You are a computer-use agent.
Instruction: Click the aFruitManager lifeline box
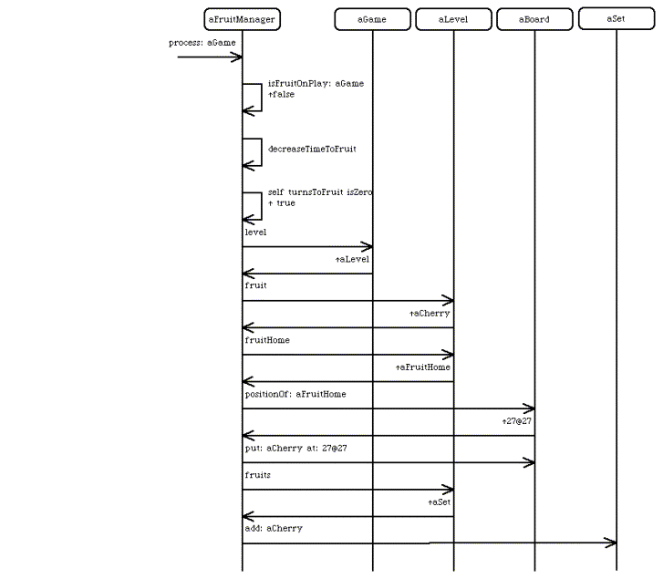(243, 19)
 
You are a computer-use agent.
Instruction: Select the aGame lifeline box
(372, 19)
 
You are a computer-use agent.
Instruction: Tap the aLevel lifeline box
(453, 19)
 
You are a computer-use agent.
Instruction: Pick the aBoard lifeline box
(534, 19)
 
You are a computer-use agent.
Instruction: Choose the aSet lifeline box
(616, 18)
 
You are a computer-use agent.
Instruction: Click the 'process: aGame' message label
(202, 43)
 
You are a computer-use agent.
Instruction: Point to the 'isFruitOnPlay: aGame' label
(316, 84)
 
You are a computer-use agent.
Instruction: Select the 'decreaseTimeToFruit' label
(312, 149)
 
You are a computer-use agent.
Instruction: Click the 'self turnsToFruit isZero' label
(320, 192)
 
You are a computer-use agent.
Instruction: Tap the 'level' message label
(256, 233)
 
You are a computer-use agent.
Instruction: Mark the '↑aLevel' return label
(352, 259)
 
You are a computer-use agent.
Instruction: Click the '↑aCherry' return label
(430, 314)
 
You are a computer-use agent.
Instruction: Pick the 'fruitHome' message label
(267, 340)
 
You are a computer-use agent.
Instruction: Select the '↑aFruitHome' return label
(423, 367)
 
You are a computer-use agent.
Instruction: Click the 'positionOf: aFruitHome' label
(295, 394)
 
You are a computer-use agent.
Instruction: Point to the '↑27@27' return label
(517, 421)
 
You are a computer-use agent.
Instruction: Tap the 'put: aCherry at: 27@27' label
(296, 449)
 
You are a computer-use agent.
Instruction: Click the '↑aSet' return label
(440, 502)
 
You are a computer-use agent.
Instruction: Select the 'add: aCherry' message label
(274, 529)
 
